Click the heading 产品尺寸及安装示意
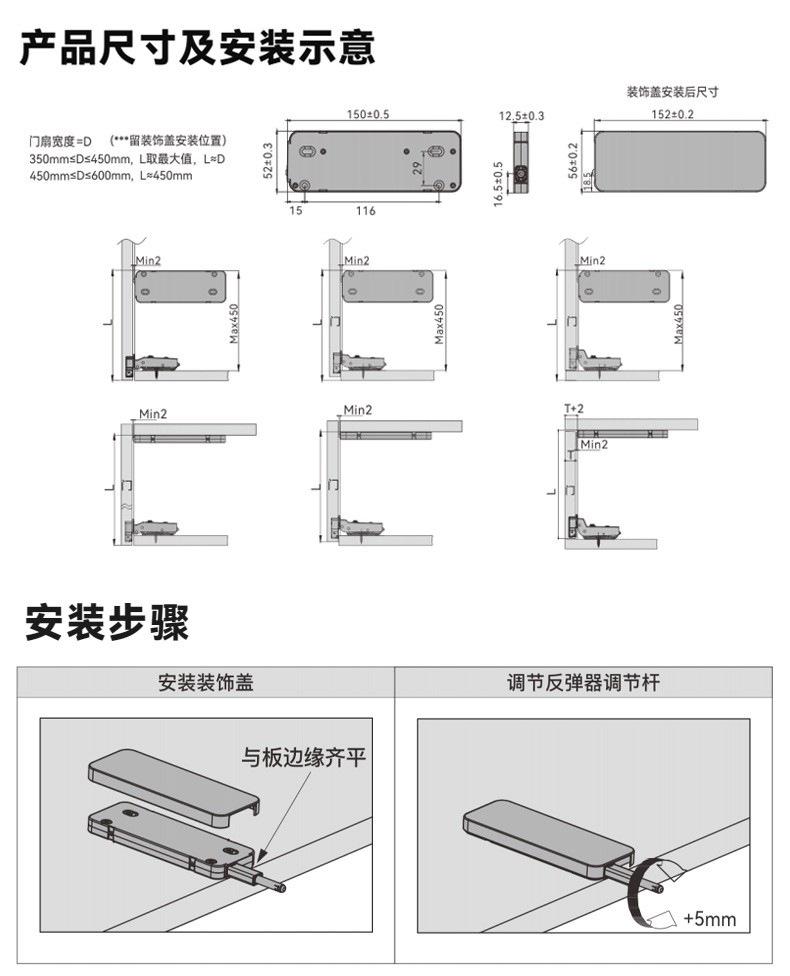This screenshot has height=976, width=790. tap(198, 47)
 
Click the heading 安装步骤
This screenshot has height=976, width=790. tap(107, 623)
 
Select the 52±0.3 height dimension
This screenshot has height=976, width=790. tap(268, 160)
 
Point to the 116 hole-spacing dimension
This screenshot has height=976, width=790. tap(365, 211)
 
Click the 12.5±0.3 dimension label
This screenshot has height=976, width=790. tap(521, 116)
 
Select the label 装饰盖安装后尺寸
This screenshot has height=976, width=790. tap(673, 92)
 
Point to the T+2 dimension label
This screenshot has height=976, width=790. tap(573, 409)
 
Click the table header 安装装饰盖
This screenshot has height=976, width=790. tap(206, 684)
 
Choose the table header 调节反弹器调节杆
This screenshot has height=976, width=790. tap(583, 684)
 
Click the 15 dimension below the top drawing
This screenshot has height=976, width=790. tap(296, 211)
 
